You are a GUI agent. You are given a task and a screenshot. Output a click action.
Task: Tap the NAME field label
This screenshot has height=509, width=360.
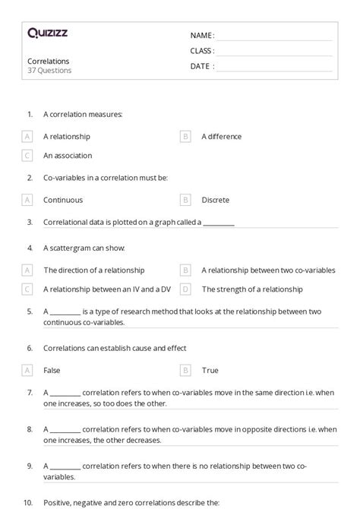202,36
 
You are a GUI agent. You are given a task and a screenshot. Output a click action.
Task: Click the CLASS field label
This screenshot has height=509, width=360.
202,51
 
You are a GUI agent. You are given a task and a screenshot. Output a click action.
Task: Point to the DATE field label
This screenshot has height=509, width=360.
202,66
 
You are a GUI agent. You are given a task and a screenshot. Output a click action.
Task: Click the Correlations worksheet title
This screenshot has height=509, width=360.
49,61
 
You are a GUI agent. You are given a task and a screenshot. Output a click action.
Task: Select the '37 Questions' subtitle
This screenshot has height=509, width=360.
49,71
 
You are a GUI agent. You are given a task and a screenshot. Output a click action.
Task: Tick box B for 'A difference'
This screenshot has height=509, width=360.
185,137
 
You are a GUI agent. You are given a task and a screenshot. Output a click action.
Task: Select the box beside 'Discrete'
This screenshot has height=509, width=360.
185,201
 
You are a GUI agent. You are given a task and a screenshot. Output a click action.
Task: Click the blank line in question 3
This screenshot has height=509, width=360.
219,224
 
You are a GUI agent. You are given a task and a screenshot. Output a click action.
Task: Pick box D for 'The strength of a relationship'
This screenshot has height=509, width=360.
185,289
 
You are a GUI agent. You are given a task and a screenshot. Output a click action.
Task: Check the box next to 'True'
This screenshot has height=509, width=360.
185,371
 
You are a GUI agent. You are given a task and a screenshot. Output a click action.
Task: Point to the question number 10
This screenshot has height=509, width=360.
28,503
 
